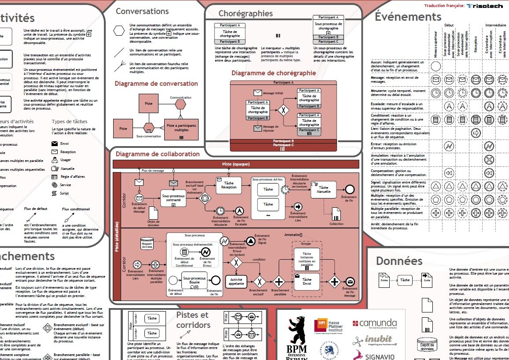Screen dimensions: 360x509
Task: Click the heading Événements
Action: pyautogui.click(x=408, y=17)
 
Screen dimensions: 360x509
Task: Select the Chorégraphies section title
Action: pyautogui.click(x=245, y=14)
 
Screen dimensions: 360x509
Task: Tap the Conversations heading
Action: pyautogui.click(x=142, y=11)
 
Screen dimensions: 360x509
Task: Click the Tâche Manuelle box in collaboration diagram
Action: pyautogui.click(x=323, y=190)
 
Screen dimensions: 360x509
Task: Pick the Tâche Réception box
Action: pyautogui.click(x=229, y=185)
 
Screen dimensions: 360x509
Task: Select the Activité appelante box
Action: pyautogui.click(x=236, y=282)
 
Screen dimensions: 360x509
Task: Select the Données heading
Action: pyautogui.click(x=399, y=261)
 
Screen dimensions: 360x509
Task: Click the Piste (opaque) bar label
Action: pyautogui.click(x=236, y=164)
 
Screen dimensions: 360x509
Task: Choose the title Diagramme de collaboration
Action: pyautogui.click(x=158, y=154)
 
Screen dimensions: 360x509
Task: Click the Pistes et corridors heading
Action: pyautogui.click(x=192, y=320)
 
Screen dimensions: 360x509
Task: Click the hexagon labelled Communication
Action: pyautogui.click(x=181, y=105)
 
